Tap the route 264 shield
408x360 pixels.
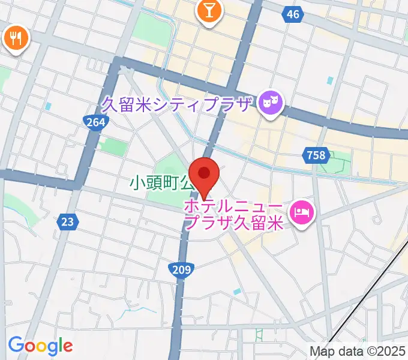95,123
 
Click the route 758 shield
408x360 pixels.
315,156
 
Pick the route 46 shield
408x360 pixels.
293,15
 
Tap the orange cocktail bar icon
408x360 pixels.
209,11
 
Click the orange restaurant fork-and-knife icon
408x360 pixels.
15,39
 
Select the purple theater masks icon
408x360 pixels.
270,104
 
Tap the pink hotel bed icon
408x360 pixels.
302,212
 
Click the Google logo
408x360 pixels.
40,346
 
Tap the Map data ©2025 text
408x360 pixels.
358,351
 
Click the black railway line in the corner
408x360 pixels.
372,288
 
